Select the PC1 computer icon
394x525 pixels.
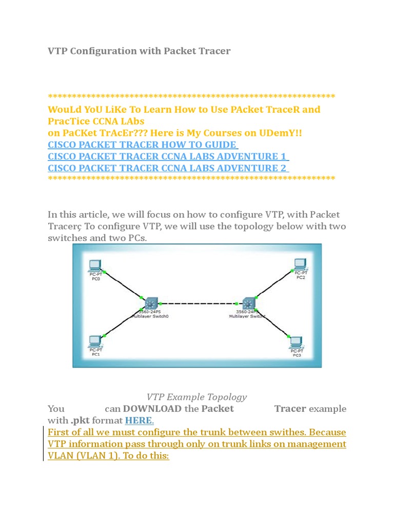(x=94, y=341)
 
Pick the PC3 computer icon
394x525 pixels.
(x=297, y=342)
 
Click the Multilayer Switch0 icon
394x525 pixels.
(x=152, y=304)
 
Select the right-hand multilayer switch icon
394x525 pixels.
(x=249, y=304)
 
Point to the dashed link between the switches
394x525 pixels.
(x=200, y=303)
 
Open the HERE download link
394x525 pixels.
(x=139, y=420)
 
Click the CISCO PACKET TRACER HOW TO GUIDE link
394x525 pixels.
(x=143, y=145)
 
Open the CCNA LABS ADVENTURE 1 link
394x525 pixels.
(x=168, y=156)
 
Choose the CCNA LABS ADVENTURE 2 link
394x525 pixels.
(x=168, y=168)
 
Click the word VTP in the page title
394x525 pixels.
(x=57, y=51)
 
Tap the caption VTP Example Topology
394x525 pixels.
(x=196, y=397)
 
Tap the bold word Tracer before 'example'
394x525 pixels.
(x=290, y=409)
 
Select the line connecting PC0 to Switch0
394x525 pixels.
(x=123, y=285)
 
